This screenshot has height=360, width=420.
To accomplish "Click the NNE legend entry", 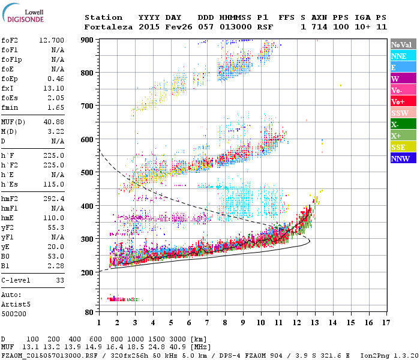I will [403, 56].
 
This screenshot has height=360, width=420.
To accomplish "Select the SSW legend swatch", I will [403, 113].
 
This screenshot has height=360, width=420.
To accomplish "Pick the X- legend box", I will [403, 124].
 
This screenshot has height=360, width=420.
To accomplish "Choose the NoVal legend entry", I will [403, 44].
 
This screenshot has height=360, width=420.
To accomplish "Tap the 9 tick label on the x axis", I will [243, 323].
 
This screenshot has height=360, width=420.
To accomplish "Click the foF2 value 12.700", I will [52, 40].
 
